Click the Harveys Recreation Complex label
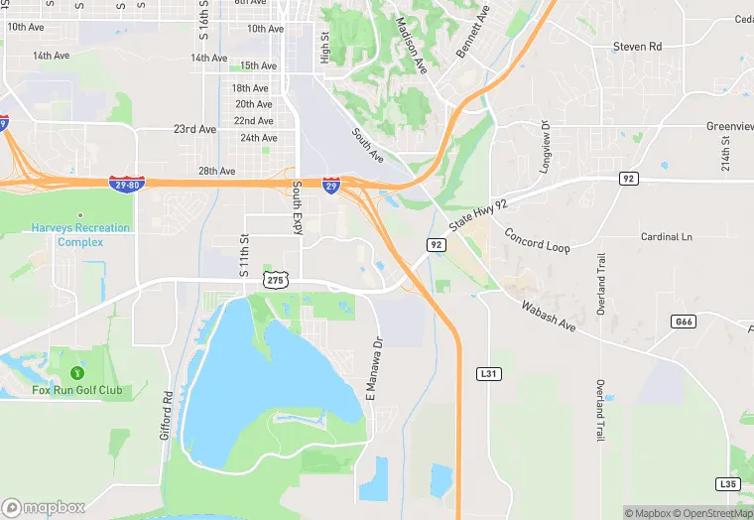point(80,235)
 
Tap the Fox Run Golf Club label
point(76,390)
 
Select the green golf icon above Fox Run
point(77,372)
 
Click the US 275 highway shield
point(276,281)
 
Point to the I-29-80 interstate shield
point(127,184)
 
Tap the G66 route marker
point(683,322)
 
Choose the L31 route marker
point(487,373)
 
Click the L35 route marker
point(729,483)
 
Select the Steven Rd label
point(637,47)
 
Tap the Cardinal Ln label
point(666,237)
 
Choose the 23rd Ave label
point(194,129)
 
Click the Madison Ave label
point(411,46)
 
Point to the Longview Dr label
point(545,147)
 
